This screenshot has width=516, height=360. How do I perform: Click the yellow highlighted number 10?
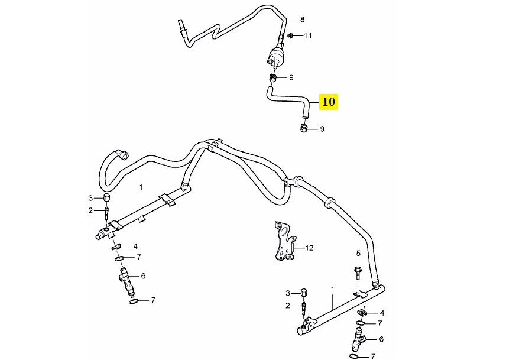[x=328, y=102]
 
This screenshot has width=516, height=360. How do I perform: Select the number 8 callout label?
[x=303, y=20]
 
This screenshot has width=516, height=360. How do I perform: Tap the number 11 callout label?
[x=307, y=36]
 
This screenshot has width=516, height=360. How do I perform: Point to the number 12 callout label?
[x=309, y=248]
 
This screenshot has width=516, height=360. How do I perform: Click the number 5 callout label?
[x=358, y=254]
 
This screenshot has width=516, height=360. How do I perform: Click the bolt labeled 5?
[x=358, y=273]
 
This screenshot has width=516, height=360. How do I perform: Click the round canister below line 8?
[x=275, y=60]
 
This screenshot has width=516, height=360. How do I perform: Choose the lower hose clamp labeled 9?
[x=303, y=128]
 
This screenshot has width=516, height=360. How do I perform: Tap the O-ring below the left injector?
[x=134, y=301]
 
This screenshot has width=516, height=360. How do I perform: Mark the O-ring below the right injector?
[x=353, y=357]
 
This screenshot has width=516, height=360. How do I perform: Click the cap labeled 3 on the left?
[x=107, y=197]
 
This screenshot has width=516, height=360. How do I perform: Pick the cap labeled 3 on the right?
[x=304, y=293]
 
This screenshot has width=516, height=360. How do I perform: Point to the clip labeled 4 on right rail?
[x=362, y=312]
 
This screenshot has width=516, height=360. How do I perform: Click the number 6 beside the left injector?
[x=142, y=276]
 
